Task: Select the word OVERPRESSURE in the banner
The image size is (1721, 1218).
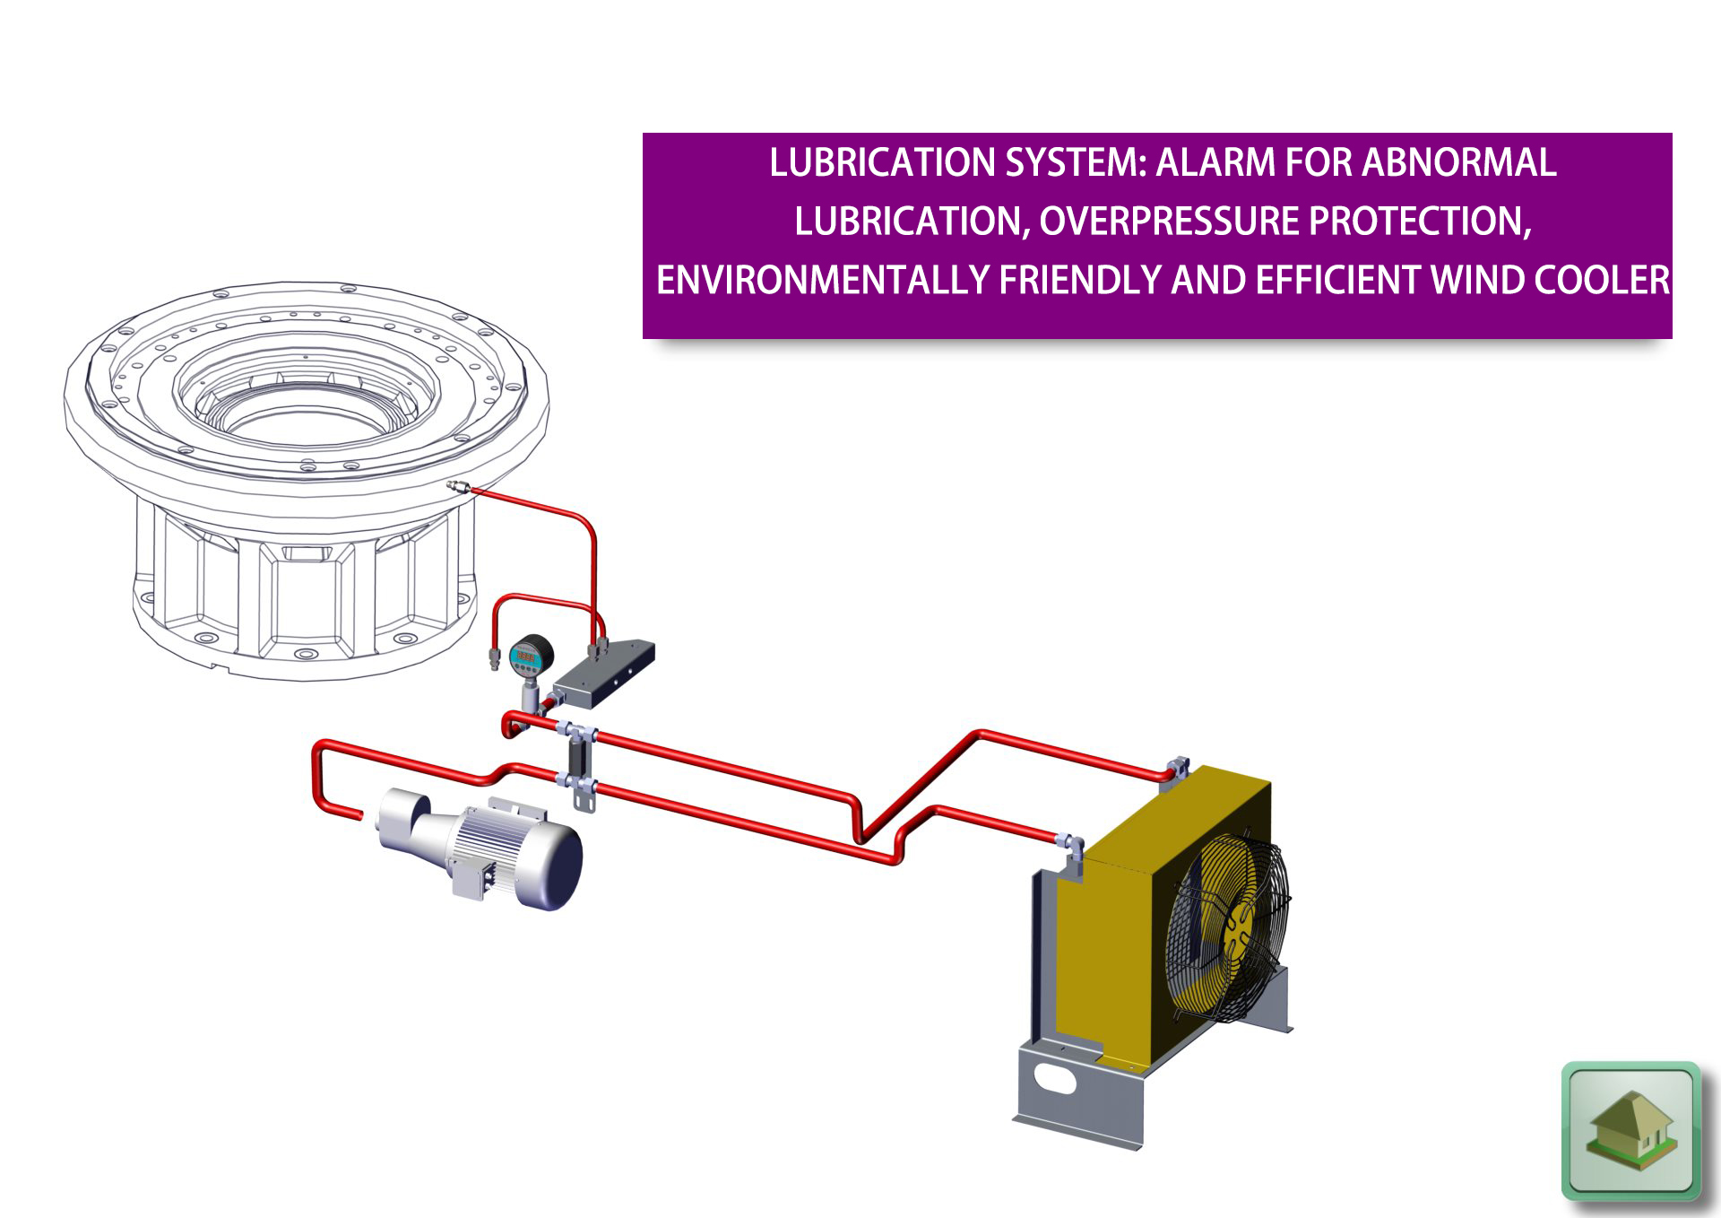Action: (x=1169, y=222)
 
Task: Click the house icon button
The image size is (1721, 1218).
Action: (x=1631, y=1130)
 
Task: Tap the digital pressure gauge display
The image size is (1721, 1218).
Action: (x=525, y=658)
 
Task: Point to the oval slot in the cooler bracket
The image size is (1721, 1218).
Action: (x=1054, y=1078)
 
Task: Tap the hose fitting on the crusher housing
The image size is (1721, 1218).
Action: (x=459, y=487)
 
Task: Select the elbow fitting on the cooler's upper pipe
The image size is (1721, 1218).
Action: (x=1178, y=769)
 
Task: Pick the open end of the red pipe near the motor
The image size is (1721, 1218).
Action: (x=359, y=814)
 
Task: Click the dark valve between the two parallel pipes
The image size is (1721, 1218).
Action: (x=578, y=758)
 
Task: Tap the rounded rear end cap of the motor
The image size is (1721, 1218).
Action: (x=558, y=866)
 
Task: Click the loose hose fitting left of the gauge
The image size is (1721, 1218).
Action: (x=494, y=658)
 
